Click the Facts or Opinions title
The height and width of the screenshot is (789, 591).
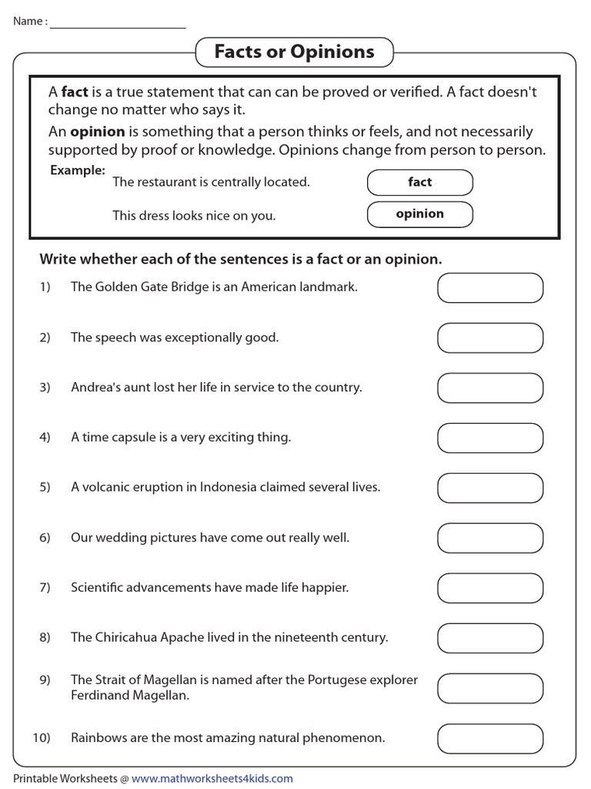click(x=294, y=52)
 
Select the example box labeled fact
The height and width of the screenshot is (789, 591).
click(x=419, y=183)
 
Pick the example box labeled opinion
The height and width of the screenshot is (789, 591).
click(x=419, y=214)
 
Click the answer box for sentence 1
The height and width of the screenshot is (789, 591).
click(x=490, y=287)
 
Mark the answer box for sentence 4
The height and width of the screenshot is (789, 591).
click(x=490, y=438)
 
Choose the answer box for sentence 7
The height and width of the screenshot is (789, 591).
click(x=490, y=588)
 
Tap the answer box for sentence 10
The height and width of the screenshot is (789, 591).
click(x=490, y=738)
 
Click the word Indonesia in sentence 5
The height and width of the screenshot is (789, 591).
click(x=229, y=487)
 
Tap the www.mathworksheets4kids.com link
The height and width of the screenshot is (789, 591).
click(x=212, y=778)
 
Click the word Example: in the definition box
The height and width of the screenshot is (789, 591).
click(x=78, y=170)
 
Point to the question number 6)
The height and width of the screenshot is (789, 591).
click(x=45, y=537)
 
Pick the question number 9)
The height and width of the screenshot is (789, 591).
click(x=45, y=680)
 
